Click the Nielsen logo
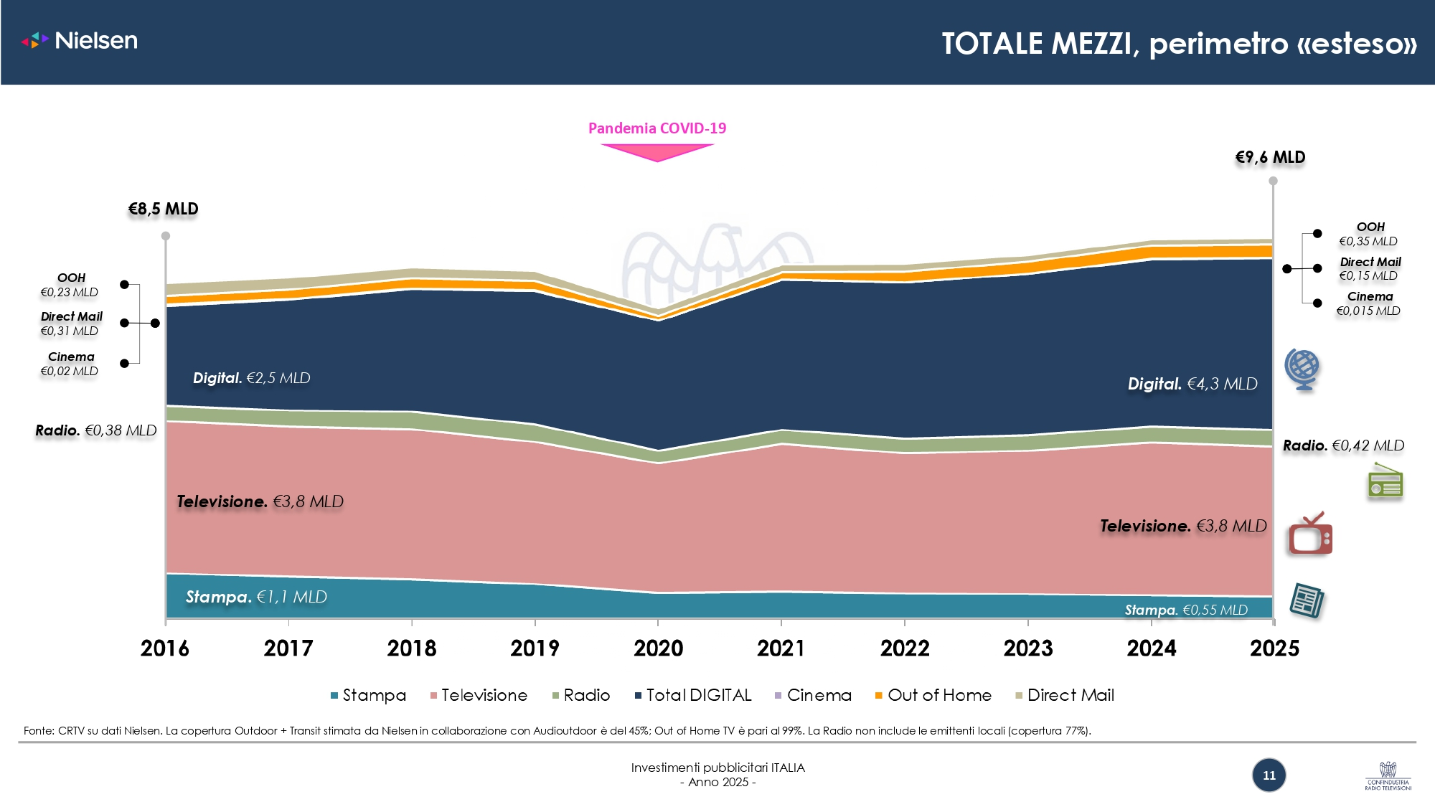point(80,40)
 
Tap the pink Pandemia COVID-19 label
point(657,128)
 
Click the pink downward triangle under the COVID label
point(657,151)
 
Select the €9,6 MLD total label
point(1270,158)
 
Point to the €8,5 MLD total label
point(163,209)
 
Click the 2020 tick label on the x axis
point(658,648)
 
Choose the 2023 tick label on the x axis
point(1028,648)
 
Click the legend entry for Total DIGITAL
point(693,695)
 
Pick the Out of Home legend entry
point(933,695)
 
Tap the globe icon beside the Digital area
point(1302,369)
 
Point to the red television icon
point(1310,534)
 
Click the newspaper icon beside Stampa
point(1307,600)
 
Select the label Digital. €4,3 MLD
point(1192,384)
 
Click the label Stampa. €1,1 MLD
point(256,597)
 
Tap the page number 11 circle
point(1269,775)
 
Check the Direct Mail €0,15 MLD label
point(1370,269)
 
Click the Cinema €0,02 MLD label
point(70,364)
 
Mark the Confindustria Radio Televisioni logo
point(1388,776)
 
